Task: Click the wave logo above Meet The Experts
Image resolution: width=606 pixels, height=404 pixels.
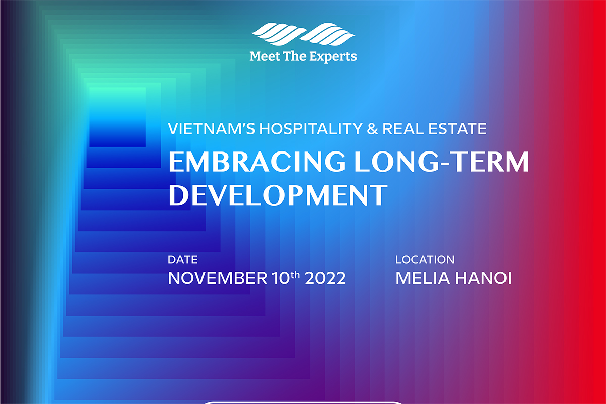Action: point(303,34)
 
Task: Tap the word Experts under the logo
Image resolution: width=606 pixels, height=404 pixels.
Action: point(333,57)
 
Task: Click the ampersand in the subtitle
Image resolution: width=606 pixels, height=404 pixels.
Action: point(372,129)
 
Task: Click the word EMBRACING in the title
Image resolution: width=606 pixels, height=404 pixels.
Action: point(257,162)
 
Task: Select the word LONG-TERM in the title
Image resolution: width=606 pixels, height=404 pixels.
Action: point(441,162)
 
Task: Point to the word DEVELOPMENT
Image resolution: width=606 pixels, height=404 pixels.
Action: point(278,195)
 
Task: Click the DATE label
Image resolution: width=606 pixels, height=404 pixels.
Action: point(183,260)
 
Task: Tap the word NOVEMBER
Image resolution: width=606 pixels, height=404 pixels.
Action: point(218,278)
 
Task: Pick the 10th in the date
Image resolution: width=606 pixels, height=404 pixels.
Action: point(286,278)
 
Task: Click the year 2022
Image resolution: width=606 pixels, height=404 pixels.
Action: point(325,278)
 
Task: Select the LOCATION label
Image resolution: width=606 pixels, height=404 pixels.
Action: point(425,260)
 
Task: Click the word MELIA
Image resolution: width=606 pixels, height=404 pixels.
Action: point(423,278)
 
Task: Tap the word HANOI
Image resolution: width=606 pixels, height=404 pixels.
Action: point(483,278)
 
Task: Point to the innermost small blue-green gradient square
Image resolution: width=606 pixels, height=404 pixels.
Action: point(118,117)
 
